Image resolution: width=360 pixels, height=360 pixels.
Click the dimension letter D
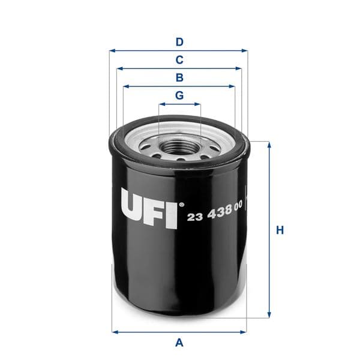tap(179, 42)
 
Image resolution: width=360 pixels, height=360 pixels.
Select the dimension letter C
tap(179, 60)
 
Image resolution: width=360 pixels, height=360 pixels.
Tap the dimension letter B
tap(179, 77)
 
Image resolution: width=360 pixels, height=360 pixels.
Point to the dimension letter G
tap(179, 95)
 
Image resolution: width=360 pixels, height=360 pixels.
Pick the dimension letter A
tap(179, 343)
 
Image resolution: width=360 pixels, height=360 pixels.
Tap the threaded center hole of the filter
tap(179, 145)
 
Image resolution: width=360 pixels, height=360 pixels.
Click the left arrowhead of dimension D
tap(112, 51)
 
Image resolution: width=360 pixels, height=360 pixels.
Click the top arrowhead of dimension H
tap(269, 144)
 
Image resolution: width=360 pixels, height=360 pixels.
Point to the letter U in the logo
tap(134, 208)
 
